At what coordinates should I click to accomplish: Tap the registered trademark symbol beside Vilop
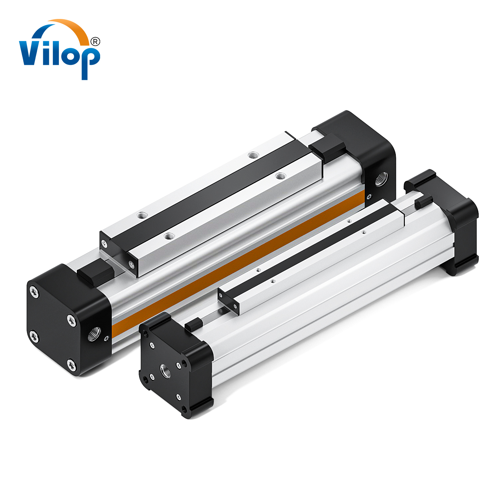coord(95,41)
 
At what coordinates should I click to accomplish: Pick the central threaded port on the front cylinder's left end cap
coord(165,370)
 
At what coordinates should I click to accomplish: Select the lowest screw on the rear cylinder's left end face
coord(71,365)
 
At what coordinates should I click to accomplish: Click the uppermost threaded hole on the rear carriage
coord(253,155)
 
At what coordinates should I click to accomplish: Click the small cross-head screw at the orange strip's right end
coord(369,197)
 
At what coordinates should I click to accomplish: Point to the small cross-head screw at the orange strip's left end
coord(107,338)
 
